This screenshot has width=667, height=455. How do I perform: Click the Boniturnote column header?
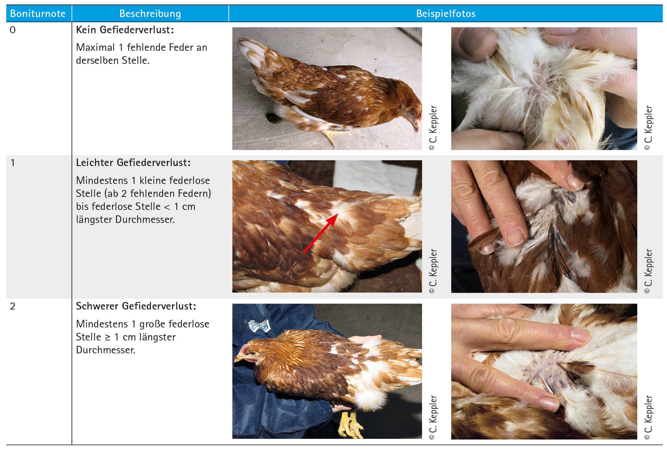click(38, 14)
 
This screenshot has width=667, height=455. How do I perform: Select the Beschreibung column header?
click(150, 14)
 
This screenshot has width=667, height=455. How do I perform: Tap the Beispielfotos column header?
click(446, 14)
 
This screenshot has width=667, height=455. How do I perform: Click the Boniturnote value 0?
click(13, 30)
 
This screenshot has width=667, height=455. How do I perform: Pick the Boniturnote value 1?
click(13, 163)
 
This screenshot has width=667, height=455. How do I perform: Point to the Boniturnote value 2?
click(13, 306)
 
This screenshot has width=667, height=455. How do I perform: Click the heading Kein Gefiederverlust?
click(125, 30)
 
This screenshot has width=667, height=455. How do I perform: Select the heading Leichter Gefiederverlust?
click(133, 163)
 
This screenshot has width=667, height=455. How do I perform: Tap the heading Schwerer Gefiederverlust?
click(136, 306)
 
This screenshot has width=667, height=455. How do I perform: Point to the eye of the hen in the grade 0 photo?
click(411, 112)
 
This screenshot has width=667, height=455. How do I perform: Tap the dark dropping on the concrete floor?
click(274, 118)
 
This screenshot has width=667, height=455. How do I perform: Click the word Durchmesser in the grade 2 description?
click(106, 350)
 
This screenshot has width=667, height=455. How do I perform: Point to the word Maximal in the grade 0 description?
click(96, 48)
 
